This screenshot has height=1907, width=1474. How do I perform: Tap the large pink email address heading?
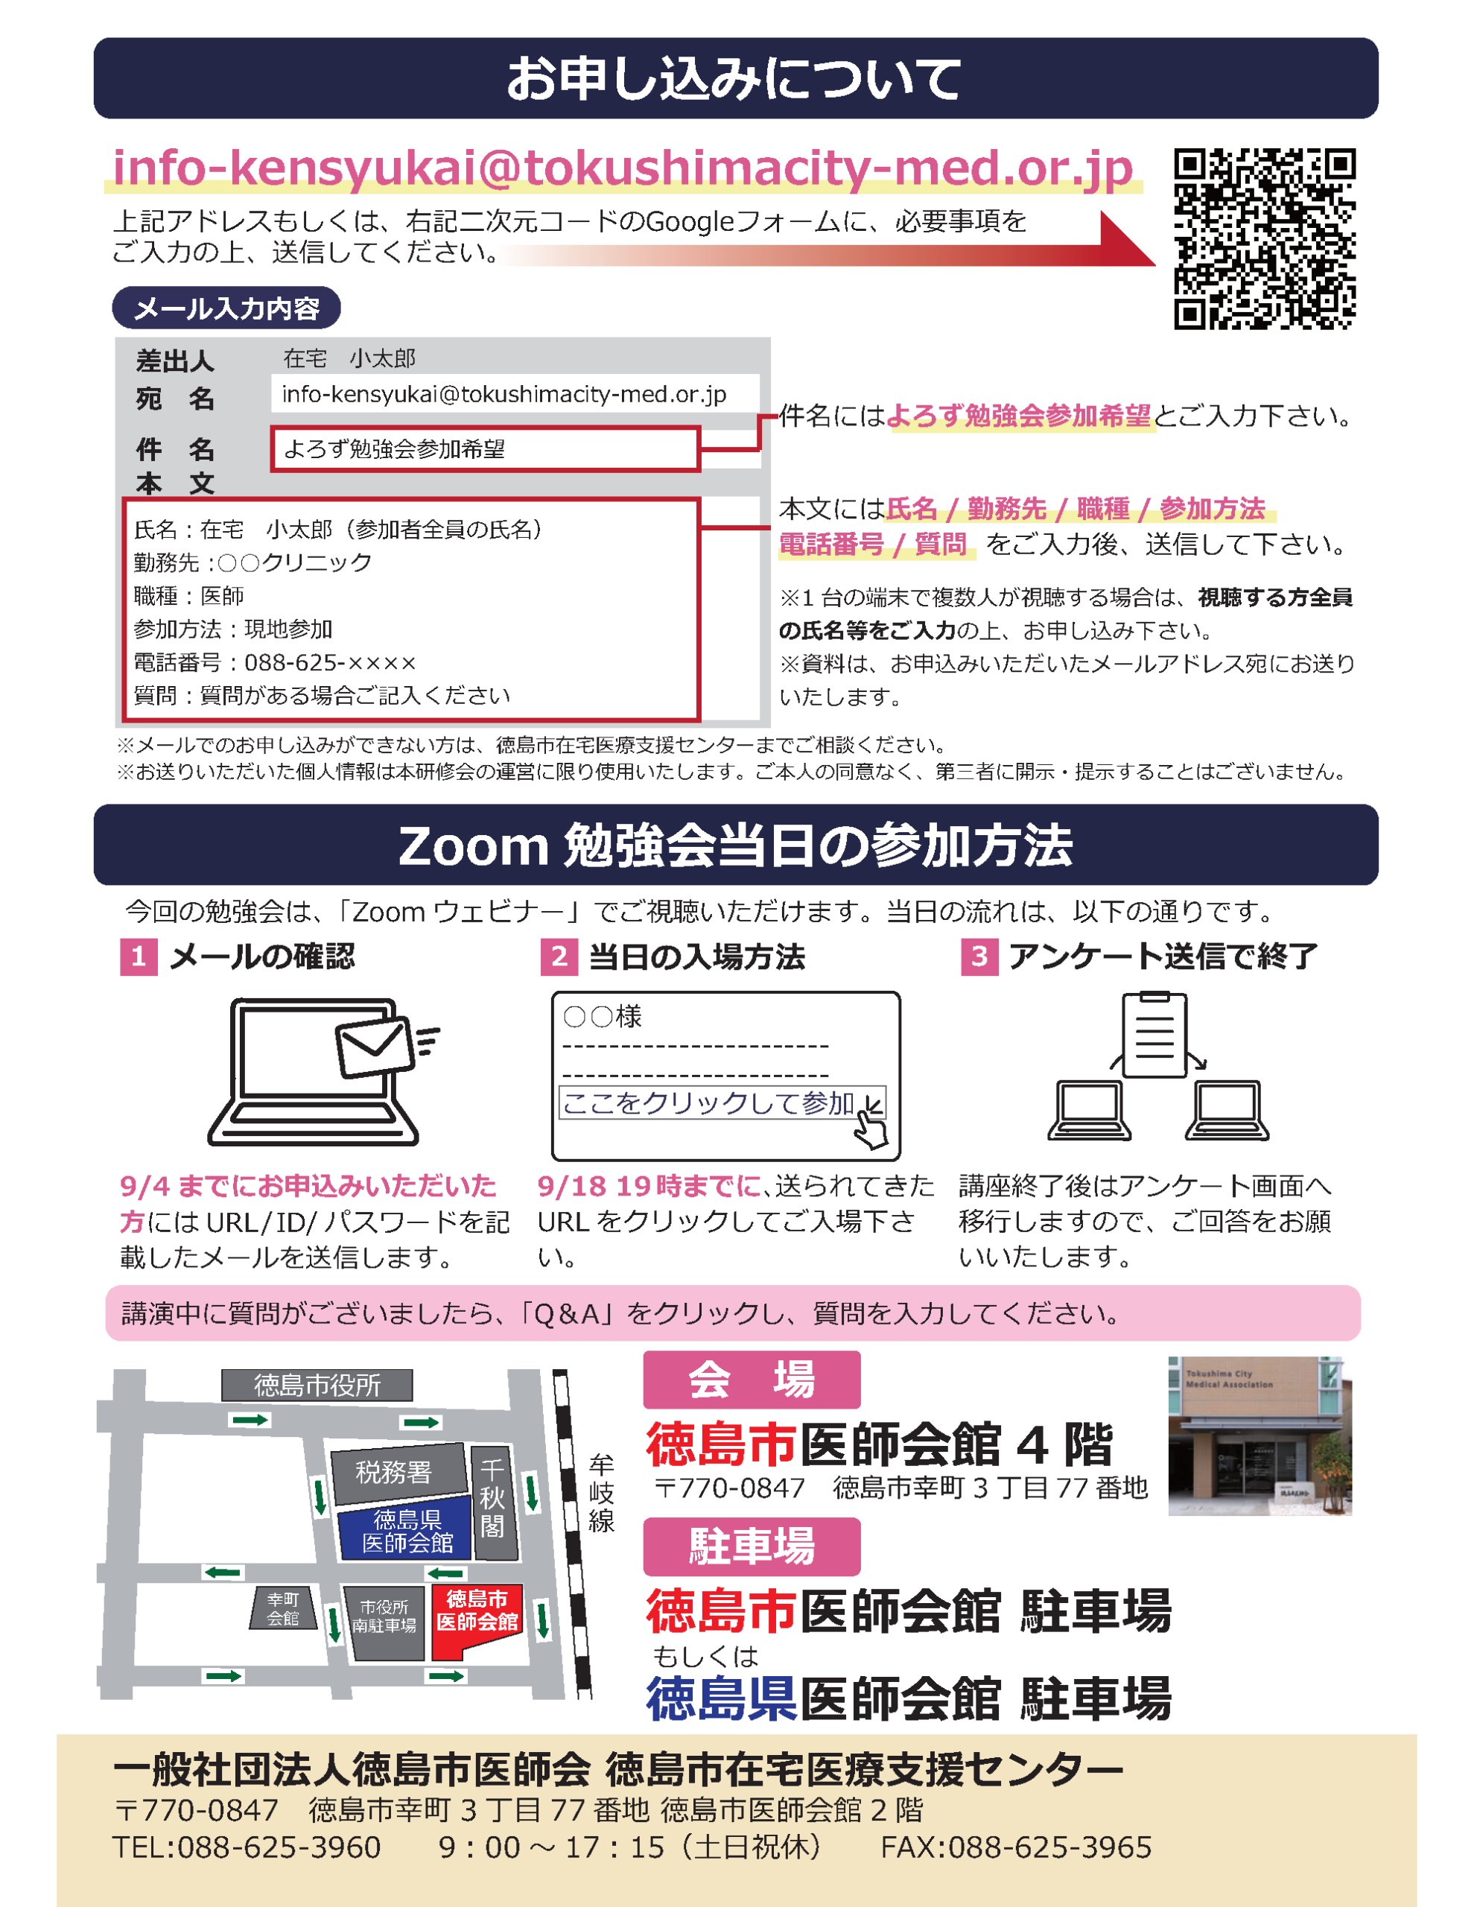623,168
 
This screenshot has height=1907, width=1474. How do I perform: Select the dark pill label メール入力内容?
226,308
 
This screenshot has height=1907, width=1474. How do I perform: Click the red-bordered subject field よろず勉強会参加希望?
486,448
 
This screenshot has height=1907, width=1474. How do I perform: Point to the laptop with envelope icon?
323,1071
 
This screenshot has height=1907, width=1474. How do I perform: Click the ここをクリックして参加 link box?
722,1102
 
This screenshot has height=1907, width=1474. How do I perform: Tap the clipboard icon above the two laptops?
1154,1034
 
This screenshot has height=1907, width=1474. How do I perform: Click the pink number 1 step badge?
139,956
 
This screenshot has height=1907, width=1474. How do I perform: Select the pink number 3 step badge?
979,956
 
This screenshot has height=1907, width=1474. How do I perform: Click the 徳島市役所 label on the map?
317,1385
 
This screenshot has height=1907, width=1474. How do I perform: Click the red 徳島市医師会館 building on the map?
477,1621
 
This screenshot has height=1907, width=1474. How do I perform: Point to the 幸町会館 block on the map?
283,1608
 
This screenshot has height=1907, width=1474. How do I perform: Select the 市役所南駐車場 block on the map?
385,1622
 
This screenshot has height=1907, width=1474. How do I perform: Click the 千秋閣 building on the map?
493,1502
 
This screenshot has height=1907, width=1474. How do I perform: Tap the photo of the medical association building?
1259,1435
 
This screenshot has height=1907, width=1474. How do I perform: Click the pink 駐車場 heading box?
752,1546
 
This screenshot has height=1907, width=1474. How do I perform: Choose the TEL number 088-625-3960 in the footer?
247,1847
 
